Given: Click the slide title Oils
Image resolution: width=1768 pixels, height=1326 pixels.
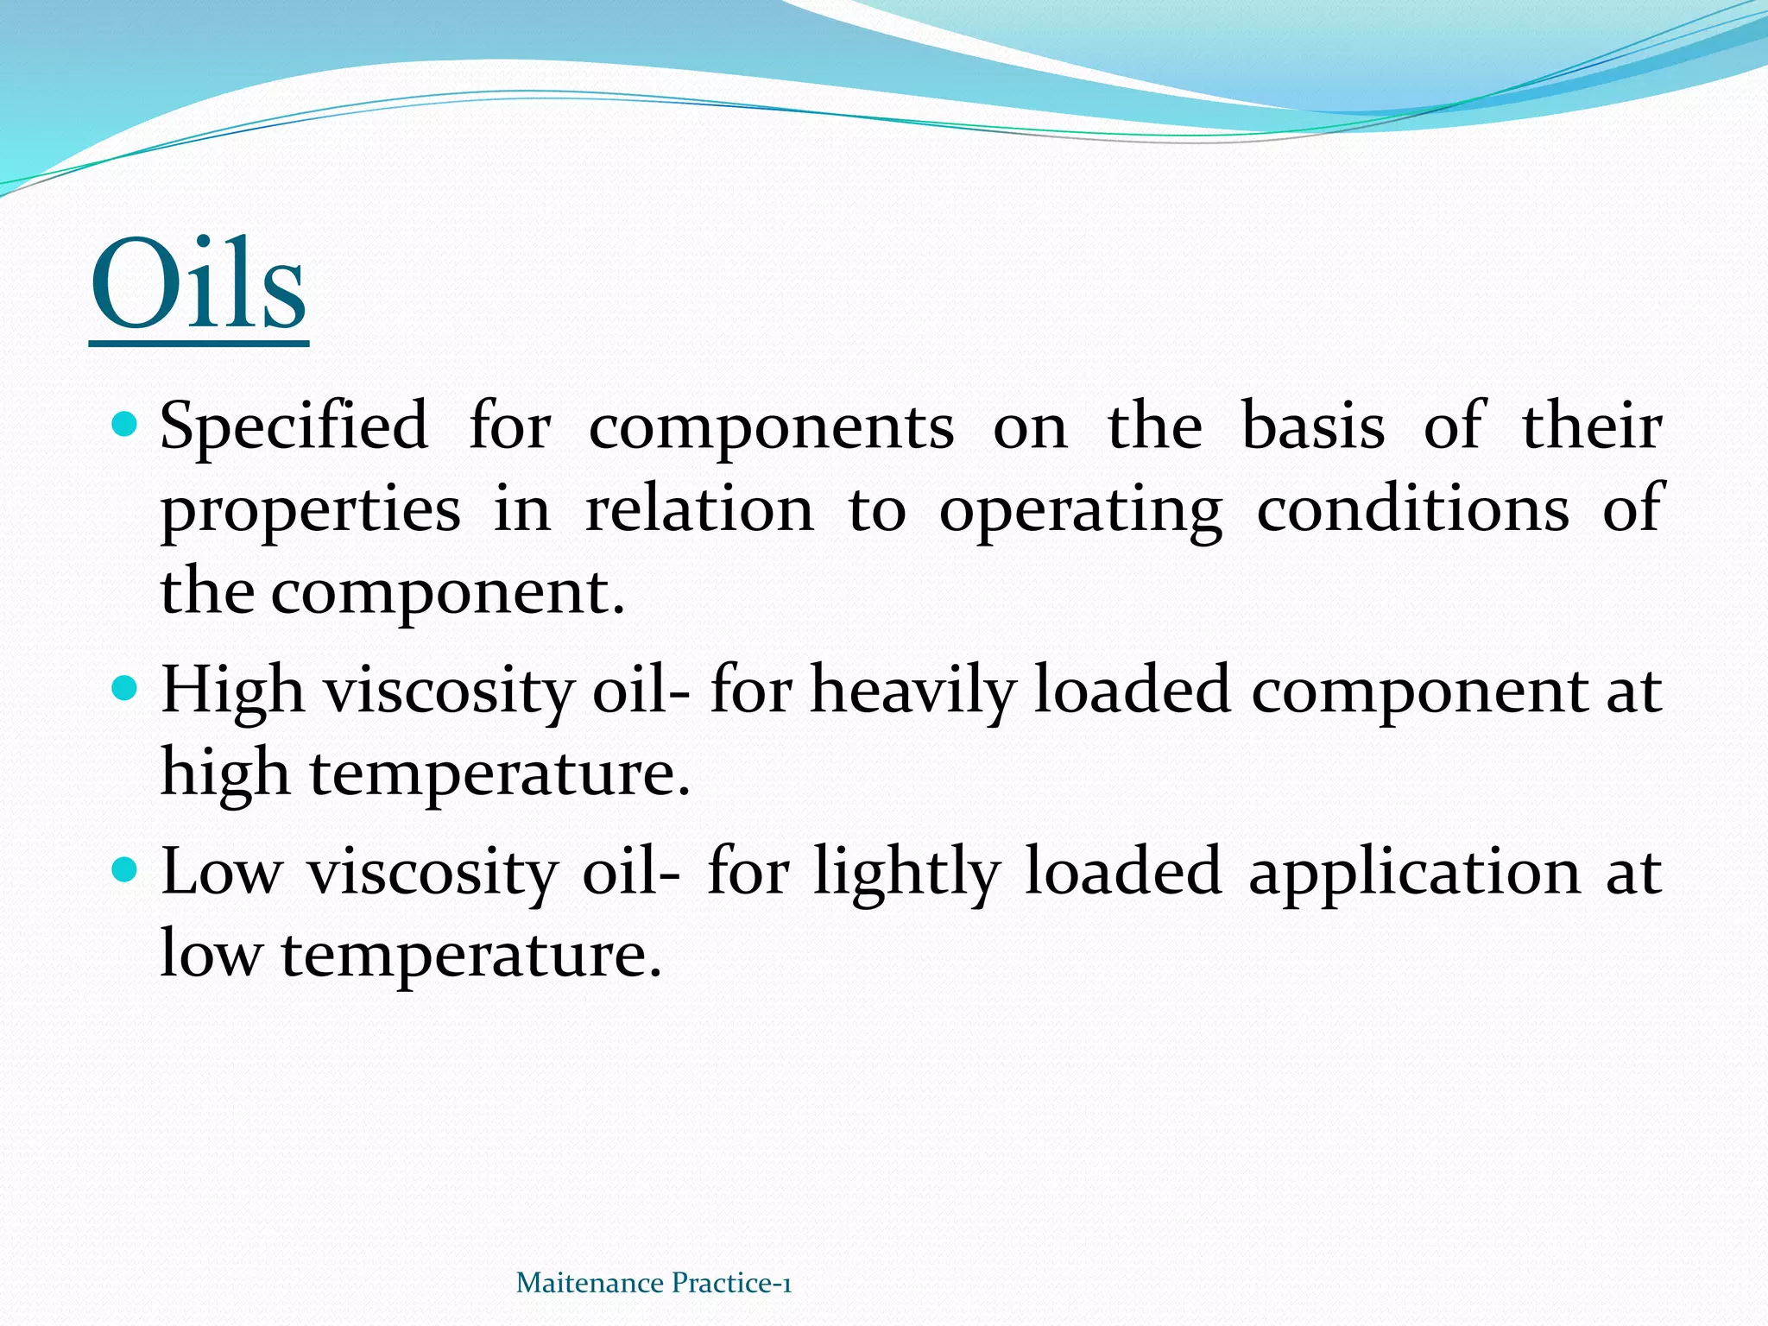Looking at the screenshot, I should pos(199,285).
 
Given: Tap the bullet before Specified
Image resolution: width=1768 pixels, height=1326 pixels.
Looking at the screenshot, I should pos(125,424).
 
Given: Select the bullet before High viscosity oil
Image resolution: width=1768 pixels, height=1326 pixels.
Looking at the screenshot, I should pos(125,689).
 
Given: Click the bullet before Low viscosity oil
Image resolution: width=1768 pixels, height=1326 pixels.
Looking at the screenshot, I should pos(125,869).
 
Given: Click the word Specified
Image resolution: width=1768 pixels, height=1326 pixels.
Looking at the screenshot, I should pos(294,426).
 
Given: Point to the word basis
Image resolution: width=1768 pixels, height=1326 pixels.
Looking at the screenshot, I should pos(1313,426).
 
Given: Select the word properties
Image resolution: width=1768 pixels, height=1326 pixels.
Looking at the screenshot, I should pos(311,511).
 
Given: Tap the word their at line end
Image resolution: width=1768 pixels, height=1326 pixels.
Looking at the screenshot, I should pos(1591,426).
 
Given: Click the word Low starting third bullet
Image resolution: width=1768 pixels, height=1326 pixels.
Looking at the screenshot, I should pos(222,872).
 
